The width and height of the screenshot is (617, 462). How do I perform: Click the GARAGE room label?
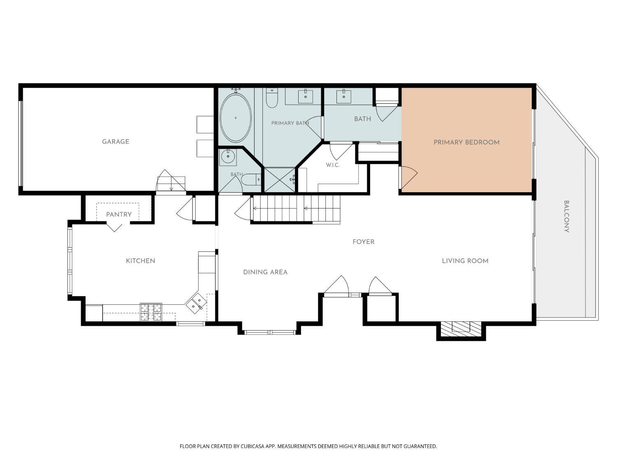coord(116,142)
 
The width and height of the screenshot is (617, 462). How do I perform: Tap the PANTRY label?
coord(119,215)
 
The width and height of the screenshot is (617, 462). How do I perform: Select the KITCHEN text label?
coord(141,261)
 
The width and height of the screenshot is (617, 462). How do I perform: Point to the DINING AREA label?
coord(265,272)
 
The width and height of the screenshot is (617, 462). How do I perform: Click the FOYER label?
coord(364,242)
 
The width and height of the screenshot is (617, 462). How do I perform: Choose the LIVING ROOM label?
coord(465,261)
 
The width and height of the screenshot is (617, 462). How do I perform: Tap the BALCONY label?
coord(567,216)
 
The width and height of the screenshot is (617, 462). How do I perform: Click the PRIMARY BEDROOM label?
coord(466,142)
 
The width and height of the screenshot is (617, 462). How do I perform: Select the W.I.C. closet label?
coord(333,165)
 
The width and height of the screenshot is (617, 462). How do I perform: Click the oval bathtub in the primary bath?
coord(236,118)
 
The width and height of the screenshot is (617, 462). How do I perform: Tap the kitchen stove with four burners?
coord(151,312)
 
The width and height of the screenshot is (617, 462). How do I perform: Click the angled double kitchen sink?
coord(196,303)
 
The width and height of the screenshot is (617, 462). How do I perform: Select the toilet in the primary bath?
coord(272,98)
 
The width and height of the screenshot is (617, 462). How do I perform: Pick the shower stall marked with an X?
coord(280,180)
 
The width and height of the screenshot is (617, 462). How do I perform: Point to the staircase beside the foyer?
coord(297,209)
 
